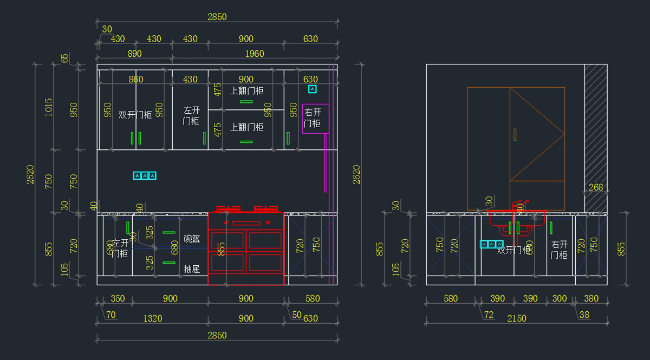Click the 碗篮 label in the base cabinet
(x=192, y=239)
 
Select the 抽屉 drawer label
(x=192, y=269)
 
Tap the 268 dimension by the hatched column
(x=595, y=187)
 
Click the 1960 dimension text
(x=255, y=54)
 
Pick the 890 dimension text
(x=134, y=54)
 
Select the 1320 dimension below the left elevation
(x=152, y=318)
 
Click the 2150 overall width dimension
(x=516, y=318)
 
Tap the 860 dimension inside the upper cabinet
(x=136, y=80)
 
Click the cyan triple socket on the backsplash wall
(x=145, y=176)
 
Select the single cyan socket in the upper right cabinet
(x=312, y=89)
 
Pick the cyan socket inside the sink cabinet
(x=492, y=244)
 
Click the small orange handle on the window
(x=515, y=134)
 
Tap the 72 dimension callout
(x=489, y=315)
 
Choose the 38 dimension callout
(x=584, y=315)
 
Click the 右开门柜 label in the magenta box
(x=313, y=118)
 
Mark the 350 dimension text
(x=118, y=298)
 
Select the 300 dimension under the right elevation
(x=560, y=298)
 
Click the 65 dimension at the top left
(x=65, y=58)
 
